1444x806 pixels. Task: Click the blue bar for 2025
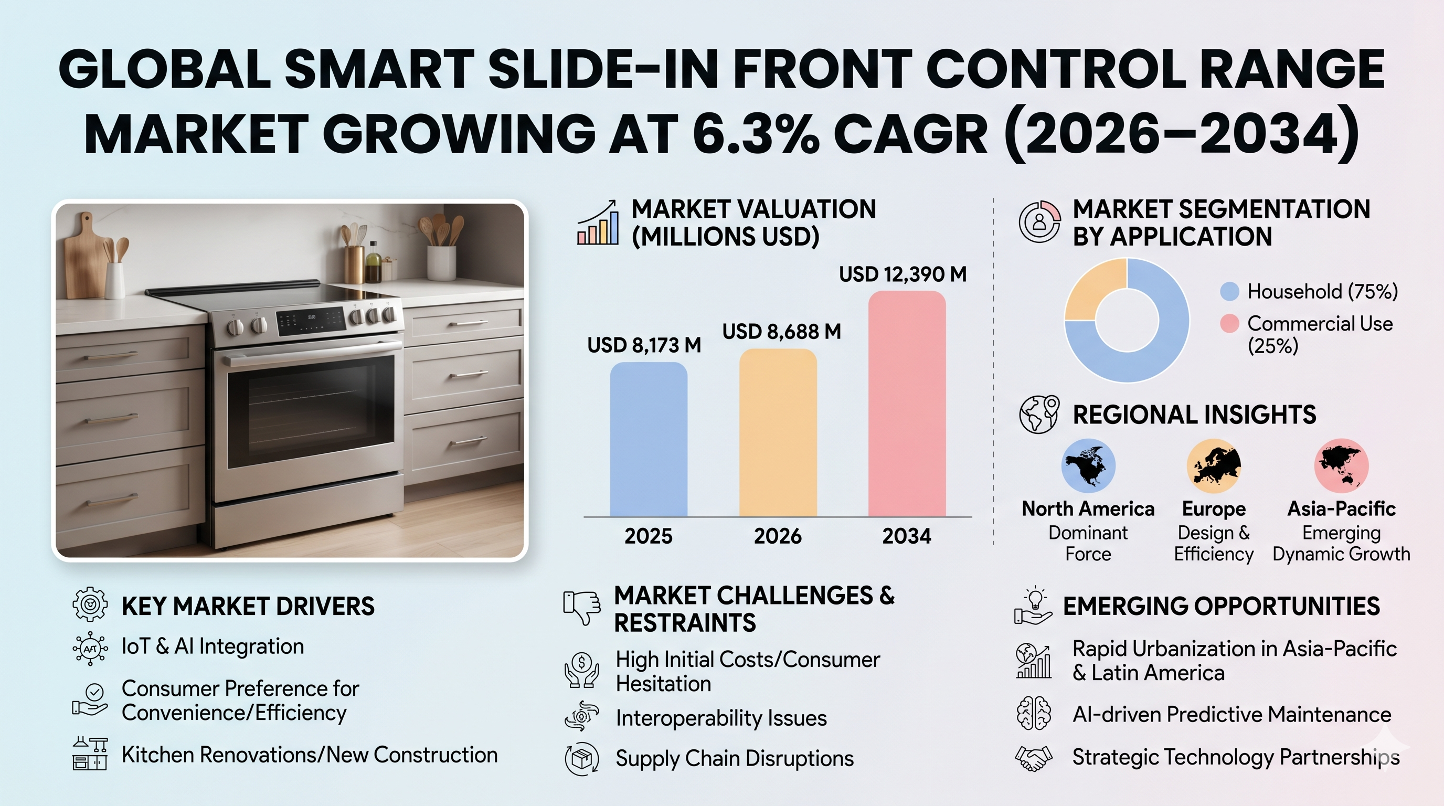coord(649,440)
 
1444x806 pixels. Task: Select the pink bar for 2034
coord(907,404)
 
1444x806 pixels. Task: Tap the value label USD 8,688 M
coord(781,332)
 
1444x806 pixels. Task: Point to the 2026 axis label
coord(778,536)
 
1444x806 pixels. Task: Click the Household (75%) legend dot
coord(1229,291)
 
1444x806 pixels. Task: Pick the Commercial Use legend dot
coord(1229,323)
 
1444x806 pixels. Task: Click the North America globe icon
coord(1088,466)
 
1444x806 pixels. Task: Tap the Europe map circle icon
coord(1214,466)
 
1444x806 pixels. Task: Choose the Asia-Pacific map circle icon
coord(1341,466)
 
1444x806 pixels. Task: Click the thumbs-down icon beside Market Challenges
coord(581,607)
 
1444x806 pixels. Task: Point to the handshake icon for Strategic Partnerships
coord(1034,758)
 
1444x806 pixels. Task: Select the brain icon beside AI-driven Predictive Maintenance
coord(1034,714)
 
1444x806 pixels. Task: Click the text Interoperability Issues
coord(721,718)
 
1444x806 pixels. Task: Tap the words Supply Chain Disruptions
coord(735,758)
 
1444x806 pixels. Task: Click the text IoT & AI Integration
coord(213,647)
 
